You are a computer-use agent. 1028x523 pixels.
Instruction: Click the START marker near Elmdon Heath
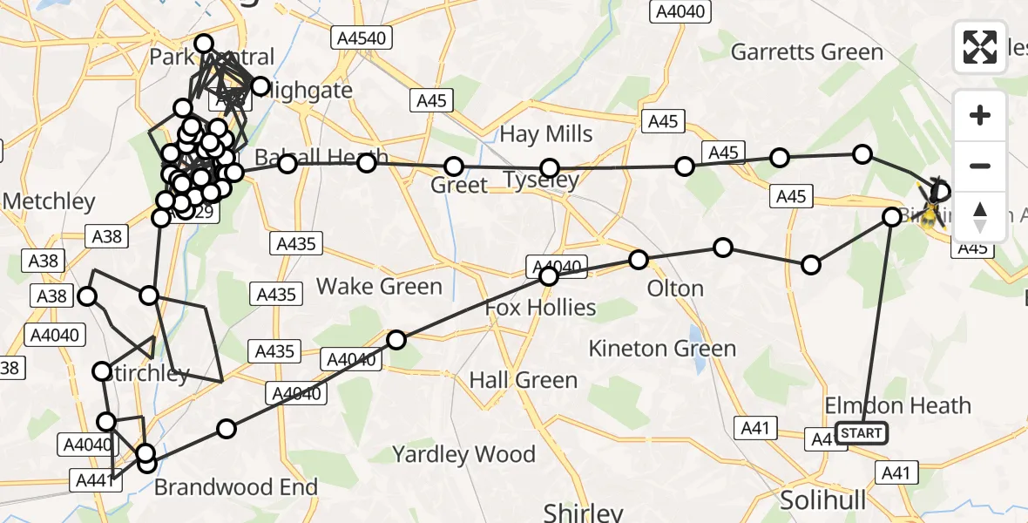[862, 432]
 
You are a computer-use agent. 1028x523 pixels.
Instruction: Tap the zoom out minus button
[980, 166]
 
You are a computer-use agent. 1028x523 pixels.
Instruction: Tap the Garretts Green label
[807, 52]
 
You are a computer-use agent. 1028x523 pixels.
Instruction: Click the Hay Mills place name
[545, 134]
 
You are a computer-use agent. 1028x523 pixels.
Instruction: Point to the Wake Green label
[379, 286]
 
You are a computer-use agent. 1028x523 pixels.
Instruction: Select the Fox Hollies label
[540, 308]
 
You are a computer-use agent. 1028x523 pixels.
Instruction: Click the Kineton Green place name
[662, 349]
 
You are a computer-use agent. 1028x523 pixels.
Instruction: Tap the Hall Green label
[523, 380]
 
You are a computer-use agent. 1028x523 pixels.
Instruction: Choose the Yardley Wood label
[463, 454]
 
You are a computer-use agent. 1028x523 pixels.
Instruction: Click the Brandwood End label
[235, 486]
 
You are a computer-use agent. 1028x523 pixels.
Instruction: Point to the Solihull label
[822, 500]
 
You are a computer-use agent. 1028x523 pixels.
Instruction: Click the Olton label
[676, 289]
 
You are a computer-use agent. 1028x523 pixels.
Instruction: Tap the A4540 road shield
[362, 37]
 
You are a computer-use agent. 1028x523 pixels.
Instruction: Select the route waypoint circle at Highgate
[260, 85]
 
